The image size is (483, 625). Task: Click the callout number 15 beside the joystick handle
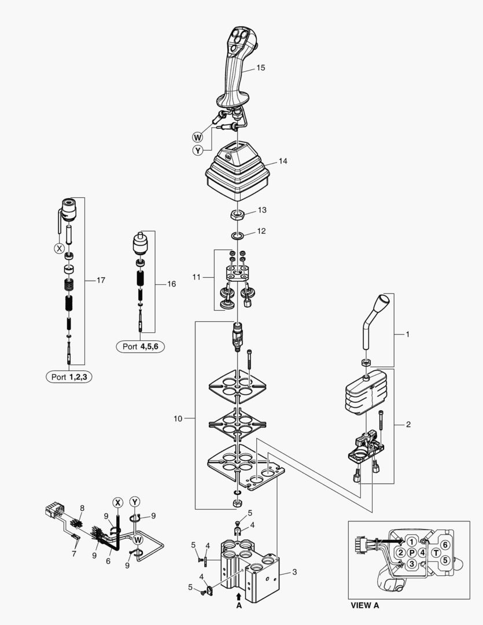[x=260, y=68]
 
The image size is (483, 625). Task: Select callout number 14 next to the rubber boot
[x=283, y=161]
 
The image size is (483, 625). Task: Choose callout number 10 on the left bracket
[x=178, y=417]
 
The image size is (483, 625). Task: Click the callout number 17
[x=101, y=281]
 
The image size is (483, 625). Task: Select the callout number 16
[x=171, y=284]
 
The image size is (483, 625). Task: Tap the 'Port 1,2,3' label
[x=69, y=377]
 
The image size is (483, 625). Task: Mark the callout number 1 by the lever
[x=407, y=334]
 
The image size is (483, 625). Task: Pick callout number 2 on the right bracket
[x=408, y=424]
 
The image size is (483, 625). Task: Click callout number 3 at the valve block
[x=294, y=572]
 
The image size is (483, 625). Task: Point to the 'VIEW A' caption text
[x=365, y=606]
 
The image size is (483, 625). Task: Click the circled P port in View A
[x=411, y=553]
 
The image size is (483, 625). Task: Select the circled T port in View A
[x=436, y=553]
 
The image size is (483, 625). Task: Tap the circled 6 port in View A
[x=444, y=544]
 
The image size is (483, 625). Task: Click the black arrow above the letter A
[x=238, y=595]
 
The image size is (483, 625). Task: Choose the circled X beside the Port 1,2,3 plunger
[x=58, y=248]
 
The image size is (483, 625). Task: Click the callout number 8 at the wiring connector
[x=82, y=508]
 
